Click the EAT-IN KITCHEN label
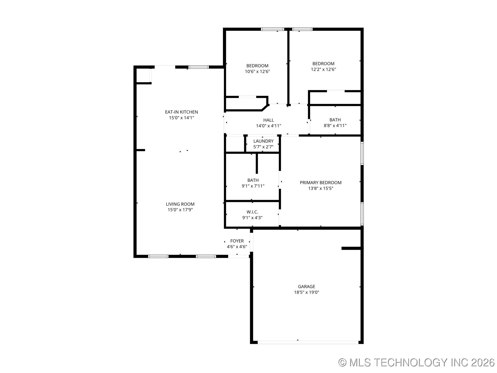tap(181, 112)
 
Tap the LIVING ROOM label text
tap(180, 204)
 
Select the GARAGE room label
tap(306, 286)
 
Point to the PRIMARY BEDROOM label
tap(321, 183)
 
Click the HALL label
tap(268, 120)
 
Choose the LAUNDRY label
tap(263, 141)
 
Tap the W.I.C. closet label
tap(252, 212)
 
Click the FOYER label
tap(237, 241)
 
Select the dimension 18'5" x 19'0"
tap(306, 292)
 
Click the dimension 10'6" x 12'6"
tap(257, 71)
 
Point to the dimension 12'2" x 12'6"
tap(323, 69)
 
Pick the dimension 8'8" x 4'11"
tap(335, 126)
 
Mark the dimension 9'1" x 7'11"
tap(253, 186)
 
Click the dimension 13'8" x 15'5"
tap(321, 188)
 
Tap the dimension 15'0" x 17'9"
tap(180, 210)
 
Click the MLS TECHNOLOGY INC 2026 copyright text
tap(416, 362)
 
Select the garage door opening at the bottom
tap(308, 342)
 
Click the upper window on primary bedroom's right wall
tap(362, 153)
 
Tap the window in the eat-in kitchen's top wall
tap(199, 67)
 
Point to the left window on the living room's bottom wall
tap(158, 256)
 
